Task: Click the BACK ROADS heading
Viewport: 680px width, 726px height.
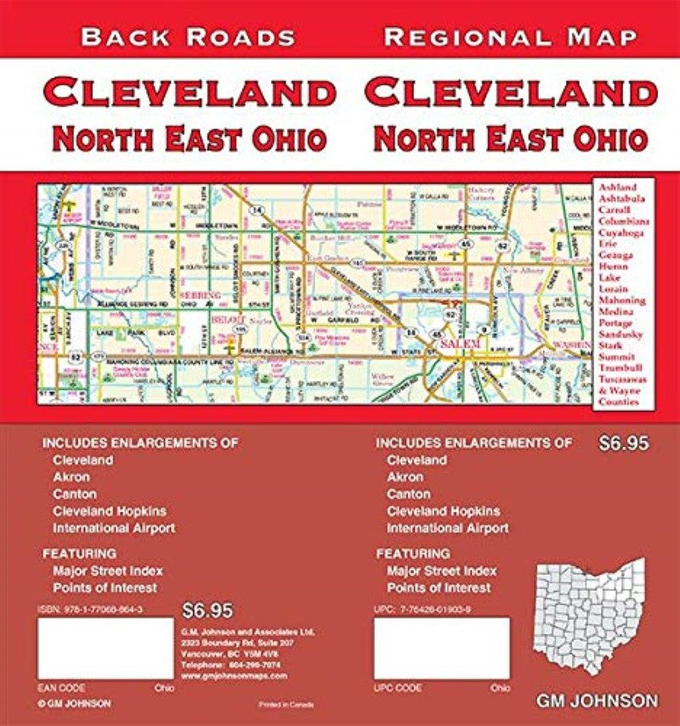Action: (188, 37)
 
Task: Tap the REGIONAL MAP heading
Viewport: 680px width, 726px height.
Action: (510, 37)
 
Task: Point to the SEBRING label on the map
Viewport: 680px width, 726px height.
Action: (201, 295)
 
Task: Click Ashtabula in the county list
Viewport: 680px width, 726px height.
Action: (622, 198)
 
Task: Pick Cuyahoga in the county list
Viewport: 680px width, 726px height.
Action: (623, 232)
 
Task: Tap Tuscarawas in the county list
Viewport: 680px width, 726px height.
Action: (623, 380)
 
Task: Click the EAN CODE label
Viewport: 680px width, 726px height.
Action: (59, 687)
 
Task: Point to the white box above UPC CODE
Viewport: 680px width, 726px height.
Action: (441, 649)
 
